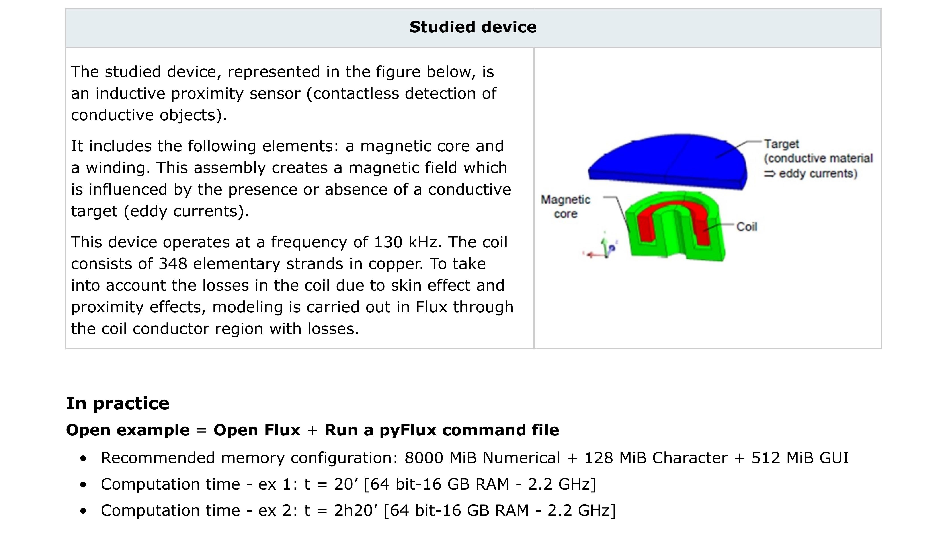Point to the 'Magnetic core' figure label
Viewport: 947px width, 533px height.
tap(565, 207)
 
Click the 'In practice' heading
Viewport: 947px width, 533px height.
tap(118, 403)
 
